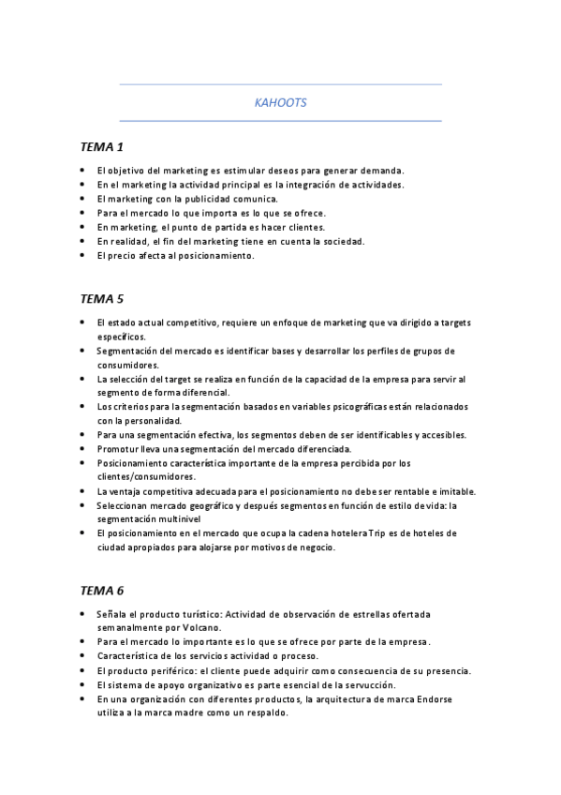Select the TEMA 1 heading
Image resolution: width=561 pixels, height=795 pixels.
click(x=102, y=147)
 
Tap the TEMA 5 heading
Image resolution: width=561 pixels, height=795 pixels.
click(x=102, y=299)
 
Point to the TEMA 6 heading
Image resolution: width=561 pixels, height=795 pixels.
click(x=102, y=591)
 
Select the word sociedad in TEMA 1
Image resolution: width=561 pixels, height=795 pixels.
click(x=340, y=241)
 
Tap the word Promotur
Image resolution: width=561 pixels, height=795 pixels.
click(x=117, y=449)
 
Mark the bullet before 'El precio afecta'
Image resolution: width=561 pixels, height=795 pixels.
click(x=82, y=254)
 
